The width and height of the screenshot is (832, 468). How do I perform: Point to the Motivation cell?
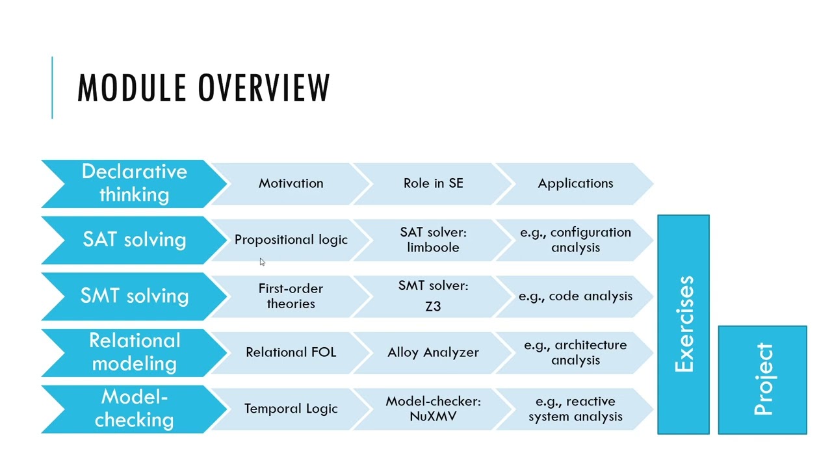(x=291, y=183)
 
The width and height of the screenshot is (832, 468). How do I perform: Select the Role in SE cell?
(x=433, y=183)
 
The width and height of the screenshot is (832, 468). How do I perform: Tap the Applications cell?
(x=575, y=183)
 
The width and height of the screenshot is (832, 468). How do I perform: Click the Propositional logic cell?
(x=291, y=240)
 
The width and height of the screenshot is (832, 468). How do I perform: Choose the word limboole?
(x=433, y=248)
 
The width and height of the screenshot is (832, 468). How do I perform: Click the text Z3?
(x=433, y=306)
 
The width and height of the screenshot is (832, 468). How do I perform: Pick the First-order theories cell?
(x=291, y=296)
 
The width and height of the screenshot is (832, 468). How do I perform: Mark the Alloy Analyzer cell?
(x=433, y=352)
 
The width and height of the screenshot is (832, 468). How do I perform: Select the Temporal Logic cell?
(x=291, y=409)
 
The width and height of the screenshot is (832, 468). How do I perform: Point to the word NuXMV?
(x=433, y=417)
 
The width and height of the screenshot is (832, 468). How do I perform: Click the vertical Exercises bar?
(x=684, y=324)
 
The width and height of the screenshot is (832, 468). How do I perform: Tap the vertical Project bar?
(x=762, y=380)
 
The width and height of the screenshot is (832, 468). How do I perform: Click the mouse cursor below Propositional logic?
(x=262, y=262)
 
